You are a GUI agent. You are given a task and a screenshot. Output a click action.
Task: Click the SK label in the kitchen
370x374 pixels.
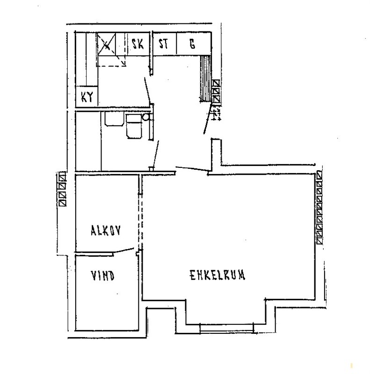[x=138, y=44]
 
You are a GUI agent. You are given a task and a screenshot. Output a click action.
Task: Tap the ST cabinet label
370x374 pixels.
[x=164, y=44]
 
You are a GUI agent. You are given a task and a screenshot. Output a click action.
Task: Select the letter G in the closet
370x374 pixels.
[x=192, y=44]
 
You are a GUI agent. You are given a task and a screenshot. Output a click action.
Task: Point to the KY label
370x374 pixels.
[x=87, y=97]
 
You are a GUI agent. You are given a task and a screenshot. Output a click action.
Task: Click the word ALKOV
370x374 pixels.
[x=106, y=230]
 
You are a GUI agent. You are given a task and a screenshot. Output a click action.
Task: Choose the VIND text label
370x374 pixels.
[x=102, y=276]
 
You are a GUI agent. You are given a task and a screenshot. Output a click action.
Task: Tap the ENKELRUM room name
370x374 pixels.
[x=218, y=275]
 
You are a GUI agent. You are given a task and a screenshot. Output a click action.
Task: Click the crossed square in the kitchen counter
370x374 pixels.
[x=107, y=44]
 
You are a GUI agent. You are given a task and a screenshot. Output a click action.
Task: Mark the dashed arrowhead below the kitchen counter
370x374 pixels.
[x=123, y=63]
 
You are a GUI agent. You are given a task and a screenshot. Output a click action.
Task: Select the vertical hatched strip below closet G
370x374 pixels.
[x=206, y=78]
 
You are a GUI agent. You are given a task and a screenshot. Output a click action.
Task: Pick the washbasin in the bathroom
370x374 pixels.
[x=114, y=119]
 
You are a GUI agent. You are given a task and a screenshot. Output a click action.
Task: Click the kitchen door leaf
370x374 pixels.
[x=147, y=91]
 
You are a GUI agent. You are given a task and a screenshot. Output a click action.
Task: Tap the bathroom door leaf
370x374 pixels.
[x=155, y=154]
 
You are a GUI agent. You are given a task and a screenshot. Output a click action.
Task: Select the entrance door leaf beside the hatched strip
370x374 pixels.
[x=207, y=119]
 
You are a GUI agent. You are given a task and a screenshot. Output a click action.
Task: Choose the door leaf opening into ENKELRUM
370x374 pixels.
[x=192, y=169]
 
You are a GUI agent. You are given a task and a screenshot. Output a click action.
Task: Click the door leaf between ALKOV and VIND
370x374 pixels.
[x=123, y=250]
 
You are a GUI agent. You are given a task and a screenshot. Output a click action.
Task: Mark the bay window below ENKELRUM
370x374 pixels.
[x=226, y=328]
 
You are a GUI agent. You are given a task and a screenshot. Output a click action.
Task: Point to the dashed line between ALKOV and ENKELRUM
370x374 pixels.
[x=140, y=221]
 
